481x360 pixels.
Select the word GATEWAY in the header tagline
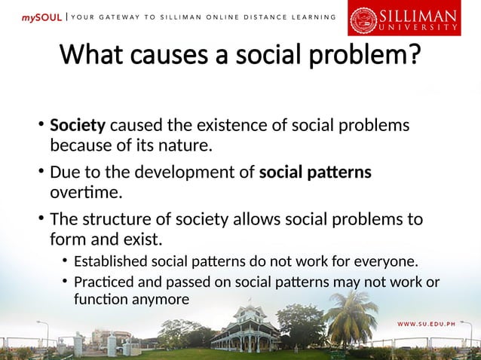coord(117,17)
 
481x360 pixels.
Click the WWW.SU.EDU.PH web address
coord(435,324)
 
